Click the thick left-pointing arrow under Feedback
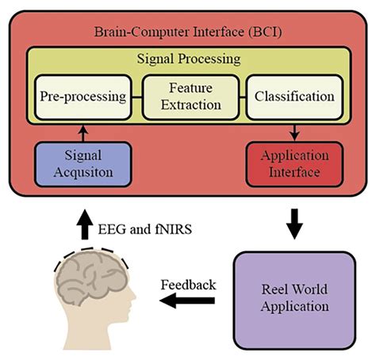(x=187, y=301)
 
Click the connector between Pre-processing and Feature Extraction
(x=135, y=97)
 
